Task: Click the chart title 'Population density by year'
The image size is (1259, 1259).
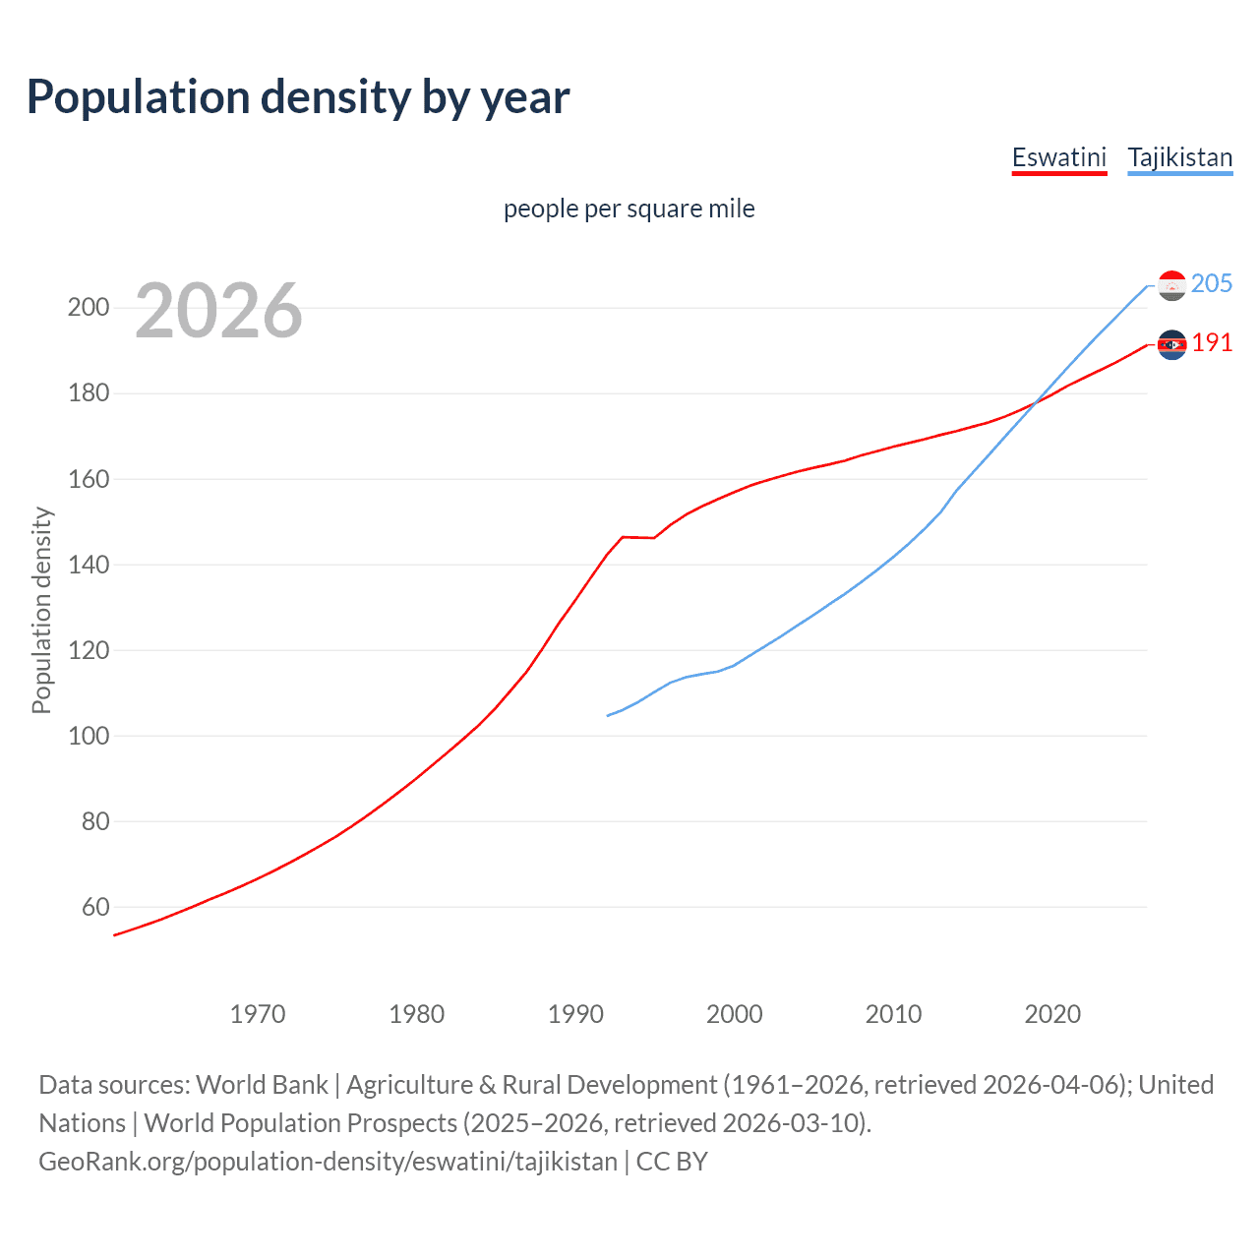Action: (x=298, y=97)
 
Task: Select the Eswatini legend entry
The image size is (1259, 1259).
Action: (x=1058, y=157)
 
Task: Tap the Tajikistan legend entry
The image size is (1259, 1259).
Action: (x=1179, y=157)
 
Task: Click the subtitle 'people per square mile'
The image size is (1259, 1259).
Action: (x=629, y=209)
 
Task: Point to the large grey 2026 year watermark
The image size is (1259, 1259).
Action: (x=218, y=311)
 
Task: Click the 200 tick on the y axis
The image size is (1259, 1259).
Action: (x=89, y=308)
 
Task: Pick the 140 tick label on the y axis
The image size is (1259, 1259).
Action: (x=89, y=565)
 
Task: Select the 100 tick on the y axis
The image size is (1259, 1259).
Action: (x=89, y=736)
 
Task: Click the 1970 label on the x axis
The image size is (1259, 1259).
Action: (x=258, y=1014)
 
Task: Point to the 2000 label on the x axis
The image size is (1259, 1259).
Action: (x=735, y=1014)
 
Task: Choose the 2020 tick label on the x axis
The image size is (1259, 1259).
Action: (x=1052, y=1014)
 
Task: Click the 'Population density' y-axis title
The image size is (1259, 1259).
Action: (x=41, y=610)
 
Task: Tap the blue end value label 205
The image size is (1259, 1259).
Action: (x=1211, y=284)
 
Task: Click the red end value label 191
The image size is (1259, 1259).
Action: (x=1211, y=343)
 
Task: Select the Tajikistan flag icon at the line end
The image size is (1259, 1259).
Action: (x=1171, y=285)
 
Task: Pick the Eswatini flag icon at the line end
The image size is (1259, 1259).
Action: (x=1171, y=344)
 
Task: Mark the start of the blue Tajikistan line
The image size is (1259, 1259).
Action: (x=608, y=715)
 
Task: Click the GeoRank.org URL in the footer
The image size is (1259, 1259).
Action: (x=328, y=1162)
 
